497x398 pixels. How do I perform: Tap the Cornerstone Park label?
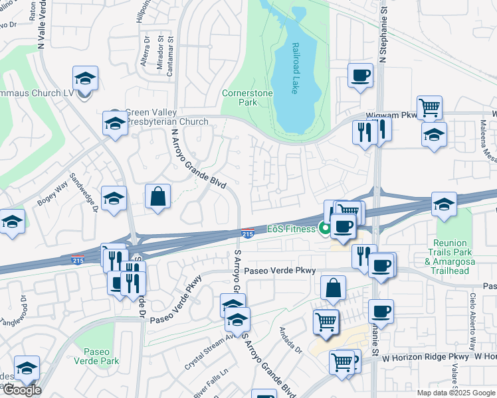pyautogui.click(x=247, y=98)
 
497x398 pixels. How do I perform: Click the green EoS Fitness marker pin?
pyautogui.click(x=325, y=230)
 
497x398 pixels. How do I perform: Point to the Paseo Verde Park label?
pyautogui.click(x=101, y=356)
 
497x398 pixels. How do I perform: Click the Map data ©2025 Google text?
pyautogui.click(x=455, y=393)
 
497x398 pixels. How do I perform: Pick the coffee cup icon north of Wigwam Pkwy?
pyautogui.click(x=360, y=75)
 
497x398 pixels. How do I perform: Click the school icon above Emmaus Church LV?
pyautogui.click(x=85, y=78)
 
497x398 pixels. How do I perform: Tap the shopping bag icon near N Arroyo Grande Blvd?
pyautogui.click(x=158, y=197)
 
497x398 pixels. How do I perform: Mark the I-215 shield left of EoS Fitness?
pyautogui.click(x=247, y=233)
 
